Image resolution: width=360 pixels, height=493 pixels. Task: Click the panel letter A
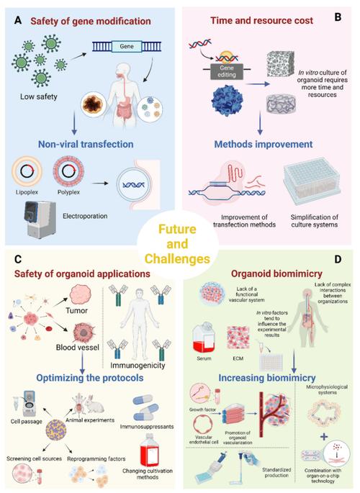click(18, 21)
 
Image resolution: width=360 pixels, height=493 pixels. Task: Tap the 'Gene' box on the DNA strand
click(127, 46)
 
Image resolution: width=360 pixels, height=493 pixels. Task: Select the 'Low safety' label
click(39, 96)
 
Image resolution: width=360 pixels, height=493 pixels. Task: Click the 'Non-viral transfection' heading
click(86, 144)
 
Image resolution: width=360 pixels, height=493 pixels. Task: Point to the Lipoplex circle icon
click(27, 172)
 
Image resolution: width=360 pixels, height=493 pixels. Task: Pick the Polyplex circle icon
click(68, 172)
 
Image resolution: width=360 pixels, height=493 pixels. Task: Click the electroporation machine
click(40, 219)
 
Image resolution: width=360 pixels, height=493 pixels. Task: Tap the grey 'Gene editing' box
click(227, 71)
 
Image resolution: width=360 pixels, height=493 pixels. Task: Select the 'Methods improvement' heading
click(264, 144)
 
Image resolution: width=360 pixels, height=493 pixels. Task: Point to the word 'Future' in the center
click(177, 229)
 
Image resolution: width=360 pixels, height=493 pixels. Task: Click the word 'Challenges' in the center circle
click(177, 259)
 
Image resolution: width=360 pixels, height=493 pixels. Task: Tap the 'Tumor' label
click(77, 311)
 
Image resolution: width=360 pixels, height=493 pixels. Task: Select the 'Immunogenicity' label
click(138, 366)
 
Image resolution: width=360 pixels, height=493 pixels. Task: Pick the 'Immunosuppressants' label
click(147, 427)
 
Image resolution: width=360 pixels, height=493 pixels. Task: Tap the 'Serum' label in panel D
click(204, 358)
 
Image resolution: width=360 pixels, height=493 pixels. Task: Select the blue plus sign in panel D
click(323, 437)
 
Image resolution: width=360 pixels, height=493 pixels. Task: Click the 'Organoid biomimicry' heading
click(276, 273)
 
